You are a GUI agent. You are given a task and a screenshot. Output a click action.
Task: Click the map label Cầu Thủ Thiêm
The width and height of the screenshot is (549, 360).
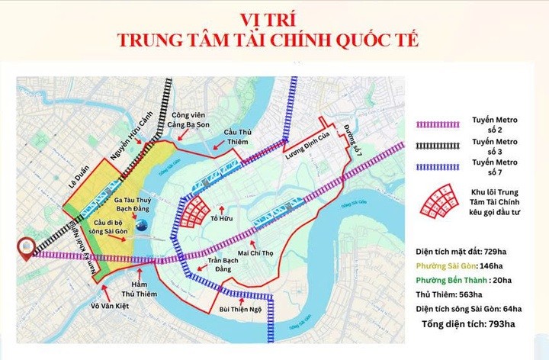(238, 137)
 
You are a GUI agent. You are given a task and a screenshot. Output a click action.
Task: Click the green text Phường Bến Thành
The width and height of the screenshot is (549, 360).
(451, 280)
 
